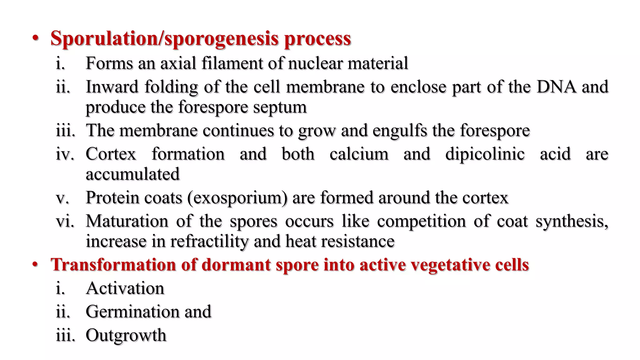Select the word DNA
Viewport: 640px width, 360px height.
(557, 87)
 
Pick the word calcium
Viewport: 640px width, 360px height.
(359, 154)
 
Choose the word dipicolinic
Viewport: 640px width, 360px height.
(485, 154)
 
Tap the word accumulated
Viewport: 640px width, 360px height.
(132, 174)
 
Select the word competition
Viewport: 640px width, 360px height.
(421, 221)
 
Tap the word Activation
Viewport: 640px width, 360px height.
(125, 288)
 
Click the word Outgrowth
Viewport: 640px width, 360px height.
(126, 335)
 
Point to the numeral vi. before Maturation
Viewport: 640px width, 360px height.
(65, 221)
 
